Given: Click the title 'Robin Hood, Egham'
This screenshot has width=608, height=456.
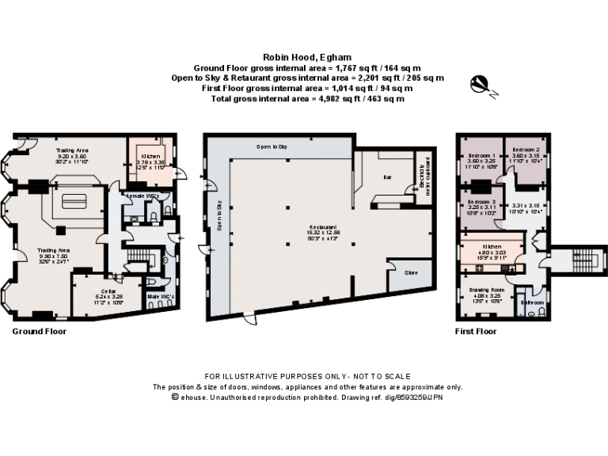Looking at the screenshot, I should (303, 57).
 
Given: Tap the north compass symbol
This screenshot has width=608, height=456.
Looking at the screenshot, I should (480, 83).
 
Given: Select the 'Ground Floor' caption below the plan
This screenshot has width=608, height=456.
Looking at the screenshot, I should (39, 332).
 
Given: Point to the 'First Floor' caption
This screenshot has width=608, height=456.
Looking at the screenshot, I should (476, 332).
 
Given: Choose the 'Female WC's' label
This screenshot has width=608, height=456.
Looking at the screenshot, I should (143, 195).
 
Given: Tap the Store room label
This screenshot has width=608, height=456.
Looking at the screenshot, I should (411, 273).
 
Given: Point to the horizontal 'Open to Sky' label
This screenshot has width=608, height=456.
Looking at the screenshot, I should (271, 147).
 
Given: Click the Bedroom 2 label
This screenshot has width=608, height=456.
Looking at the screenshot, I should (526, 150).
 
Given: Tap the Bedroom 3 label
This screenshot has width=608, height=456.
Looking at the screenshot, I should (481, 203).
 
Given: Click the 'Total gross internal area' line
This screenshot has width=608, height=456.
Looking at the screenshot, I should (303, 99).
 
